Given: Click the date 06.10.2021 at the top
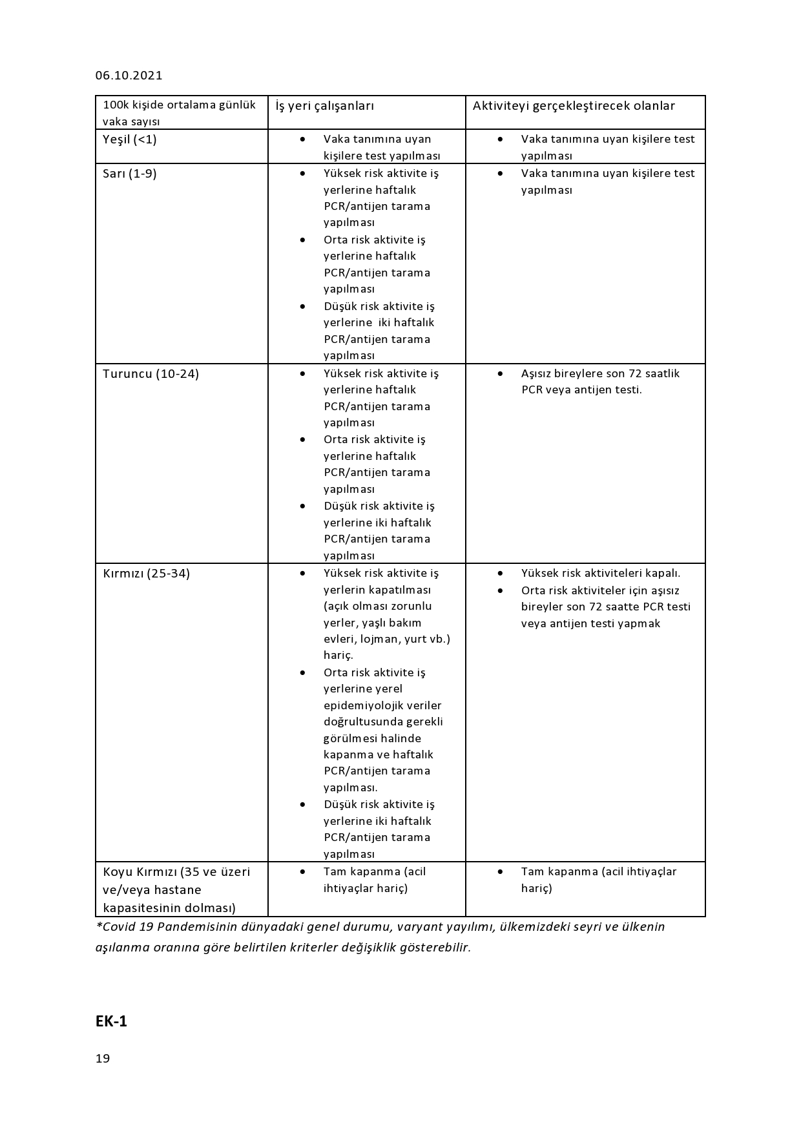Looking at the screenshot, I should (129, 76).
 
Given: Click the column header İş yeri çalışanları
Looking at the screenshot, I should (324, 106).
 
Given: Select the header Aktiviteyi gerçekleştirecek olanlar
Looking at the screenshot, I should (574, 106).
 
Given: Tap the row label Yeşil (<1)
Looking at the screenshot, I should (129, 140).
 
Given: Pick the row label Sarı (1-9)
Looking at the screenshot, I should (129, 174).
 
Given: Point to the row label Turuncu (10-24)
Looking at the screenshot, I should (151, 374).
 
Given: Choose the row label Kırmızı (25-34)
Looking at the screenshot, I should (146, 574).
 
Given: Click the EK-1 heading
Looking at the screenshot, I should (111, 1021).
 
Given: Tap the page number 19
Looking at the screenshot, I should (103, 1059).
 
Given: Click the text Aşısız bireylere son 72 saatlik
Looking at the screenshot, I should (600, 373).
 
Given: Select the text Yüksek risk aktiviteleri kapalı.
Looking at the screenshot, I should (600, 573).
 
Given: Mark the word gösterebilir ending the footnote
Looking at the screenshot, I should (435, 948).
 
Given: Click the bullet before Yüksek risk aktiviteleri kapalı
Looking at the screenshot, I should (500, 573).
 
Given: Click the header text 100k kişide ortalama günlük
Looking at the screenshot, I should (179, 105).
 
